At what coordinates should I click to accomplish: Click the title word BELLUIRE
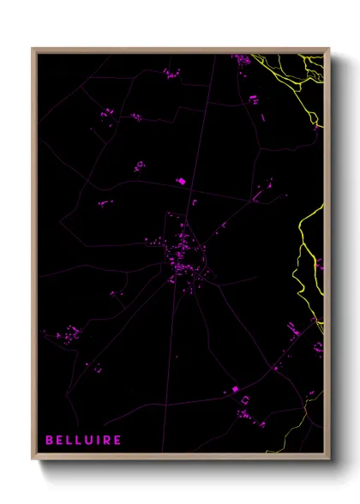coord(82,440)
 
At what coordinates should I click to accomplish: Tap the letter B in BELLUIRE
coord(49,440)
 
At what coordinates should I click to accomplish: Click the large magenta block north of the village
coord(180,181)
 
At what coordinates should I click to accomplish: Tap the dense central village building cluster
coord(183,253)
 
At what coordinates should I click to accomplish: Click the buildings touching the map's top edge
coord(242,59)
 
